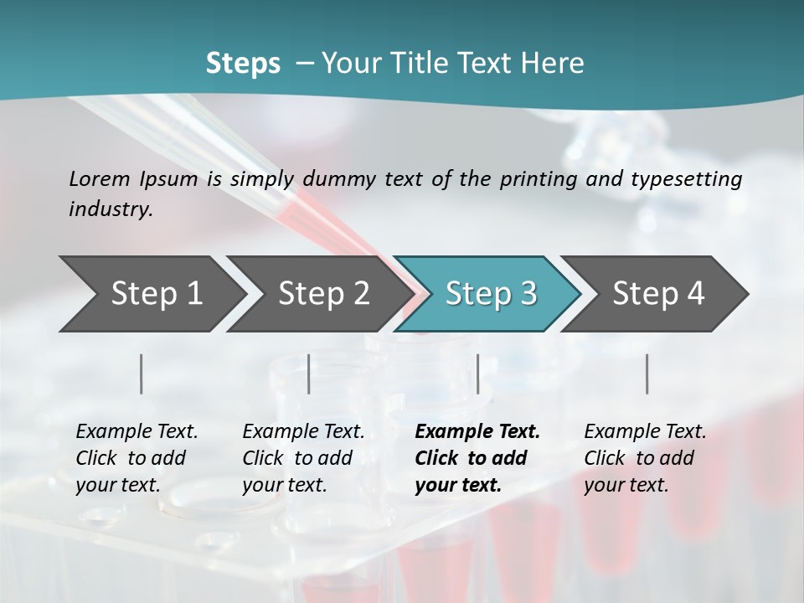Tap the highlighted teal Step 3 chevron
click(491, 294)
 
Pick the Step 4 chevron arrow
click(658, 294)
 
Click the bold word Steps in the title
click(243, 64)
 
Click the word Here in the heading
click(554, 64)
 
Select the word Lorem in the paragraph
click(100, 178)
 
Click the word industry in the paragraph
click(110, 209)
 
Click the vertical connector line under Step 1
click(142, 374)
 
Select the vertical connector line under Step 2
click(309, 374)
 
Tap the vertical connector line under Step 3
click(478, 374)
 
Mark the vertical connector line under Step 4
click(647, 374)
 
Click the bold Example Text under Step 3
click(477, 432)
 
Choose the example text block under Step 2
click(302, 458)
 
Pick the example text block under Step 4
click(644, 458)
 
